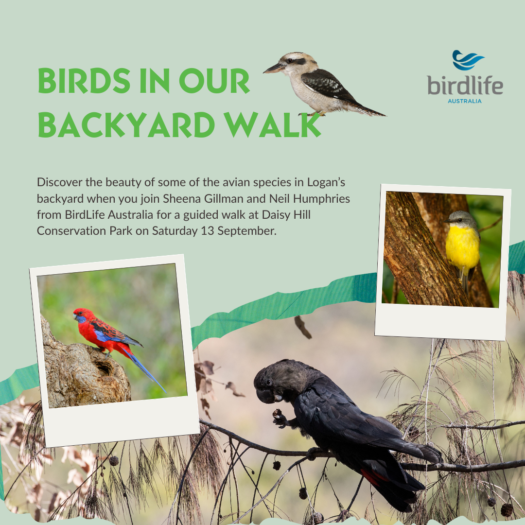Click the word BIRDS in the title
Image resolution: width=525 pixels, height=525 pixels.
[x=84, y=81]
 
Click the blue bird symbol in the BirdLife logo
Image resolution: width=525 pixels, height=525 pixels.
[x=468, y=60]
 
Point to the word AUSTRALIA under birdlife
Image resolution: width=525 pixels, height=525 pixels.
[x=465, y=101]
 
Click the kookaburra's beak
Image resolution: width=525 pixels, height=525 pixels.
[x=274, y=69]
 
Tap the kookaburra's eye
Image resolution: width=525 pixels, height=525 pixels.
[x=290, y=61]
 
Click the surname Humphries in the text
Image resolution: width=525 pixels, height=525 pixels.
[x=321, y=199]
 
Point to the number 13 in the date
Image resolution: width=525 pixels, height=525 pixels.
[x=207, y=231]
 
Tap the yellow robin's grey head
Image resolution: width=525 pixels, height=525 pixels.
[x=461, y=219]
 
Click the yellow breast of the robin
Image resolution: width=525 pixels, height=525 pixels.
[x=463, y=246]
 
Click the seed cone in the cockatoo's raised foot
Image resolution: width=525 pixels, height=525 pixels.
[x=277, y=413]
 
